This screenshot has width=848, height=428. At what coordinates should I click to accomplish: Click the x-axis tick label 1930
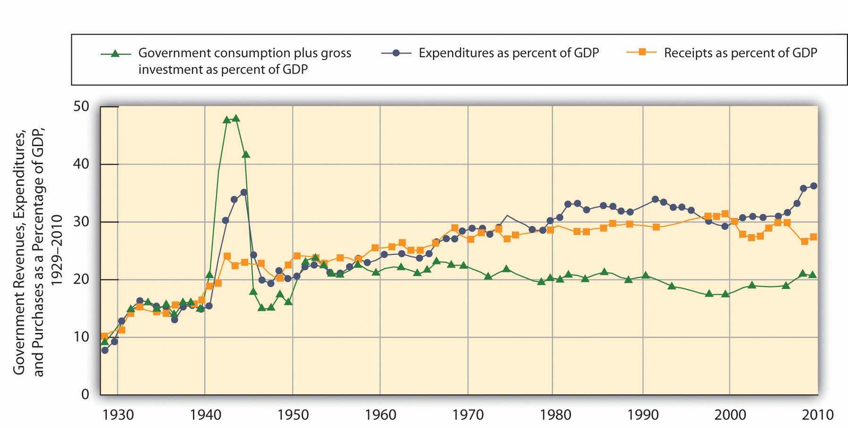[117, 415]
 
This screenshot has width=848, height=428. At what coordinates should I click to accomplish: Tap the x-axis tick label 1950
[292, 415]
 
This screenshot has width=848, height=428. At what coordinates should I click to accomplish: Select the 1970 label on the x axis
[467, 415]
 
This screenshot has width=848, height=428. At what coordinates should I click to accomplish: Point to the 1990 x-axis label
[643, 415]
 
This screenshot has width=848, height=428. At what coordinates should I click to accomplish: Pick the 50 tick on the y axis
[82, 106]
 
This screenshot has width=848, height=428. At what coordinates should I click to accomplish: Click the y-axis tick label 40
[82, 164]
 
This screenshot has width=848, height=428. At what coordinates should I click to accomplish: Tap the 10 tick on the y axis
[82, 337]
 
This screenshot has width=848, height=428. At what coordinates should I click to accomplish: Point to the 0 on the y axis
[85, 394]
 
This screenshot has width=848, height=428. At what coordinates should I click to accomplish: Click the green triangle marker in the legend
[114, 53]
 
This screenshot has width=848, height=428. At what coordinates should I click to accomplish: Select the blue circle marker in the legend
[396, 53]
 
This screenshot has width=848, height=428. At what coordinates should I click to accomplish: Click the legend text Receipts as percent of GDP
[740, 53]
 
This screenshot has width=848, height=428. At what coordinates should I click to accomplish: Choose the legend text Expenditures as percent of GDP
[509, 53]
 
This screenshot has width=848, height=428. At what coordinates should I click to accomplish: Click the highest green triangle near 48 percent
[236, 118]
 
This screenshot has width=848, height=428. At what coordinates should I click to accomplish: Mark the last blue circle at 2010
[813, 186]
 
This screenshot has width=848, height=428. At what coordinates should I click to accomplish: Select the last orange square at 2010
[813, 237]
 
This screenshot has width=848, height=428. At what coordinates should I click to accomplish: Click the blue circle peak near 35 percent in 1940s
[244, 192]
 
